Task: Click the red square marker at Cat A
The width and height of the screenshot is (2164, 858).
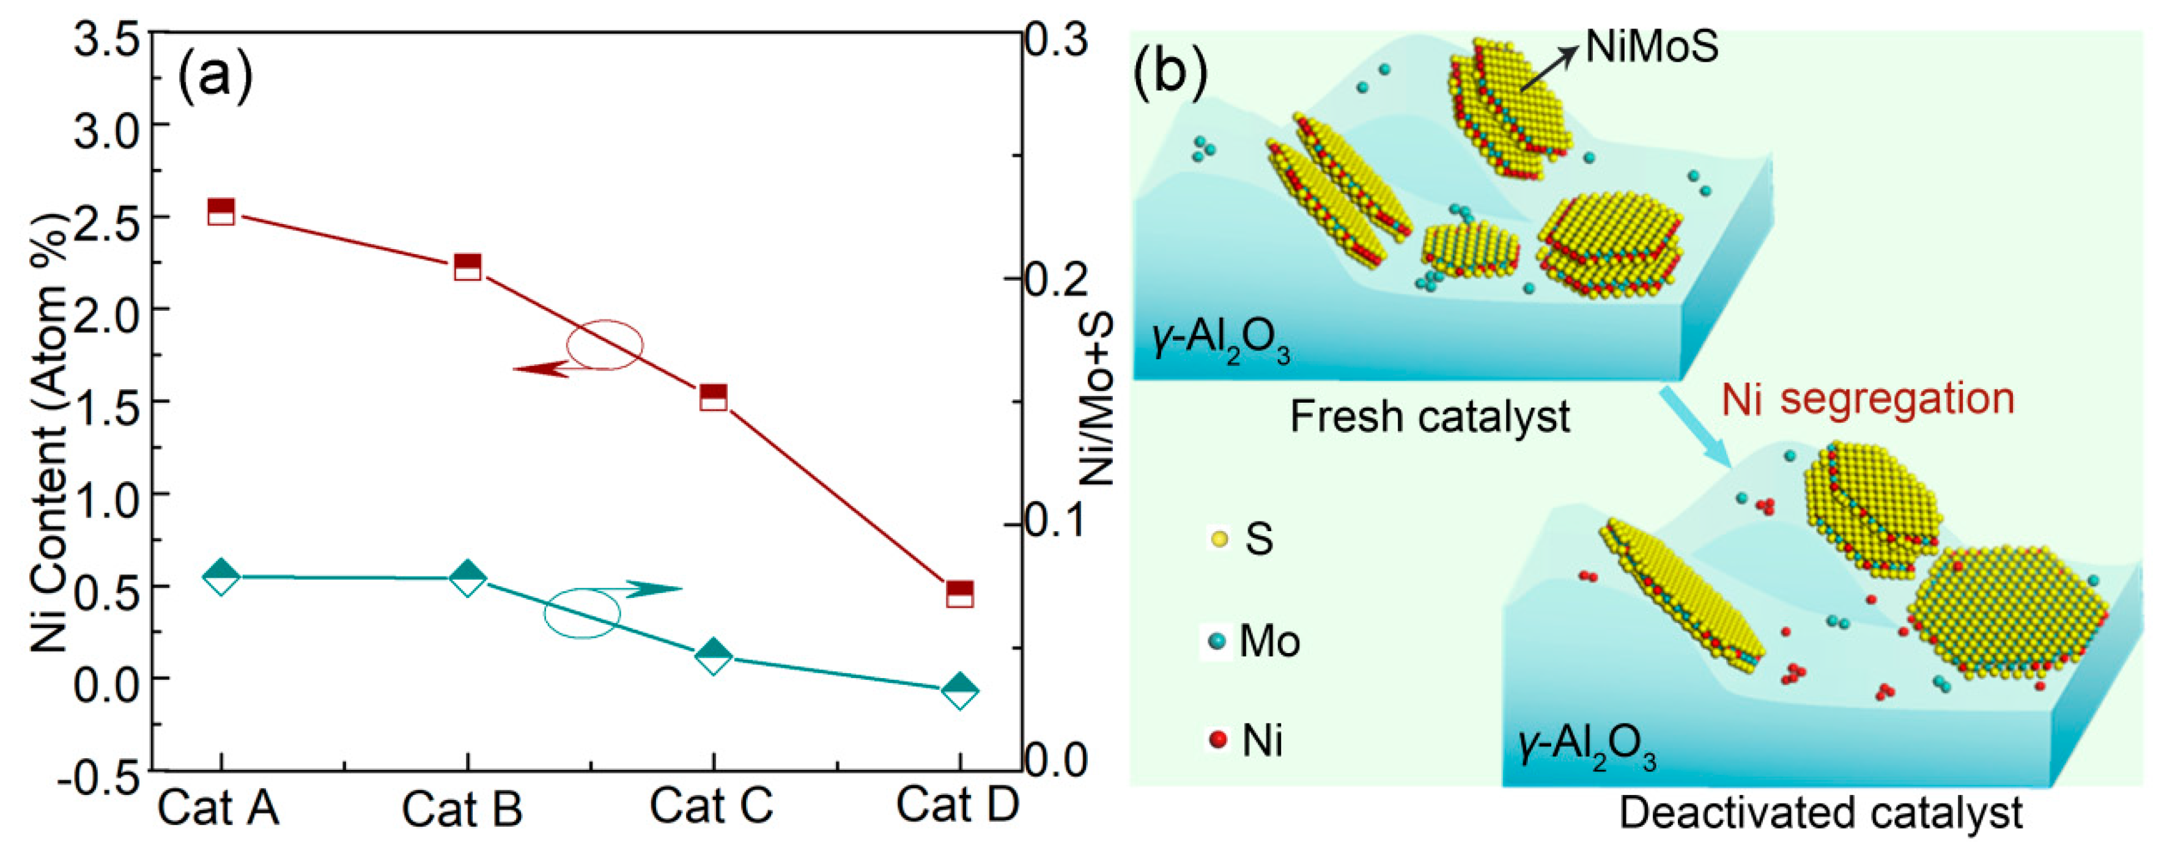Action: (x=221, y=212)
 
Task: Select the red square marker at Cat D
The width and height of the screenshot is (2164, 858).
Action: (x=959, y=593)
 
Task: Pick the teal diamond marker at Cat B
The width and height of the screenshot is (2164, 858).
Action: (x=468, y=578)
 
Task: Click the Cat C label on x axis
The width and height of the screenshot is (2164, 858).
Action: (x=711, y=804)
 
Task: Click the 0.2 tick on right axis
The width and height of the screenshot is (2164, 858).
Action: (x=1056, y=278)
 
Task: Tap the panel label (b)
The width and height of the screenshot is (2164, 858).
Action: (x=1170, y=72)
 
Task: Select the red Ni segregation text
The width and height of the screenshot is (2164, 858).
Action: (x=1867, y=398)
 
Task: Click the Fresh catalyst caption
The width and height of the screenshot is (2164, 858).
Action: (x=1429, y=417)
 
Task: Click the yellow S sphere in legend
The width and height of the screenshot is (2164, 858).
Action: (x=1219, y=539)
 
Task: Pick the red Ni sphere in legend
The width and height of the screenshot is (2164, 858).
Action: (x=1218, y=740)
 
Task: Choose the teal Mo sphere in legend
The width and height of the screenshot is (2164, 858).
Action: (x=1216, y=641)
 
